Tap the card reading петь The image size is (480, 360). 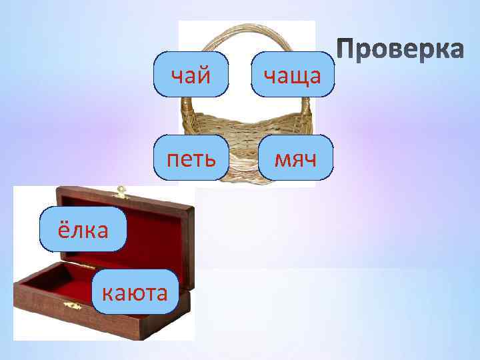(x=191, y=158)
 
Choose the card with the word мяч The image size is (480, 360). (x=294, y=158)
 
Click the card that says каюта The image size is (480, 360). (x=136, y=292)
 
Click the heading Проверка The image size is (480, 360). (x=399, y=50)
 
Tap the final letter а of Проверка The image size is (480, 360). (x=455, y=50)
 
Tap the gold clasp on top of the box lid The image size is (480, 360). (x=121, y=193)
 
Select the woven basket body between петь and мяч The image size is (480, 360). (x=243, y=150)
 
